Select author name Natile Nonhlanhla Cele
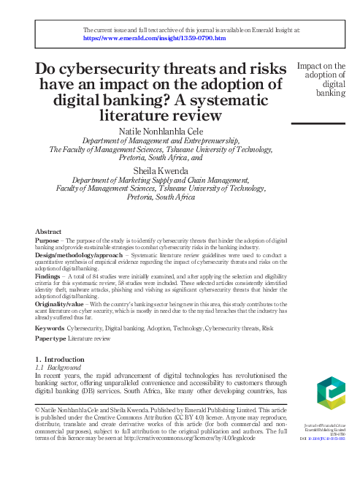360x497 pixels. [x=163, y=129]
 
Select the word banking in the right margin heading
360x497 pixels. [x=330, y=94]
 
